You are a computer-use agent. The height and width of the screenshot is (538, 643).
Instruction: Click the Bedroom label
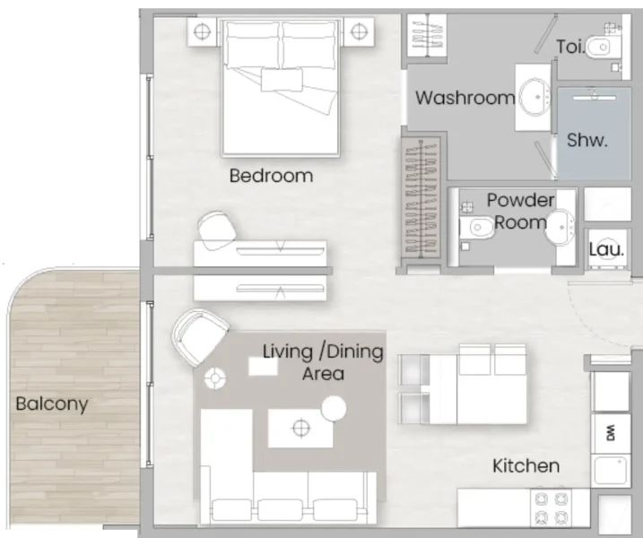271,176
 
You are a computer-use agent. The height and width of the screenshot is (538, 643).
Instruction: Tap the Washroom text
465,98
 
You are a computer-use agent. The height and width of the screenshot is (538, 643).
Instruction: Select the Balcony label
52,403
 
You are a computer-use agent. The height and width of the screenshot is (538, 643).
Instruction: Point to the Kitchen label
526,465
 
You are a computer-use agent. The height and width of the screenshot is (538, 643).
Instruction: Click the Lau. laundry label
606,250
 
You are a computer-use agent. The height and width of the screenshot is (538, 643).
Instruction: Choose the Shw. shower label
587,140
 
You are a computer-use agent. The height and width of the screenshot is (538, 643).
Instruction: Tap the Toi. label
570,46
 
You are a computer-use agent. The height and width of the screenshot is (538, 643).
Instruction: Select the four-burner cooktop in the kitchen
552,508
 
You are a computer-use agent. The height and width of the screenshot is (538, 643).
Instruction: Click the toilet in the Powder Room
475,230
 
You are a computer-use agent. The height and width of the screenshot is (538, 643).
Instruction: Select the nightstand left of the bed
202,31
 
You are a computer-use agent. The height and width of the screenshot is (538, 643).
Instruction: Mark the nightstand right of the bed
359,31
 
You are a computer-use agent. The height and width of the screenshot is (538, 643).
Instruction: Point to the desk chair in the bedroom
216,230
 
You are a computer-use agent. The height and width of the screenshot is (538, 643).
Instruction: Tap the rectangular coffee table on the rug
300,428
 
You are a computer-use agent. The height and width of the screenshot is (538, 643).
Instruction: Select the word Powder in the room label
520,200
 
